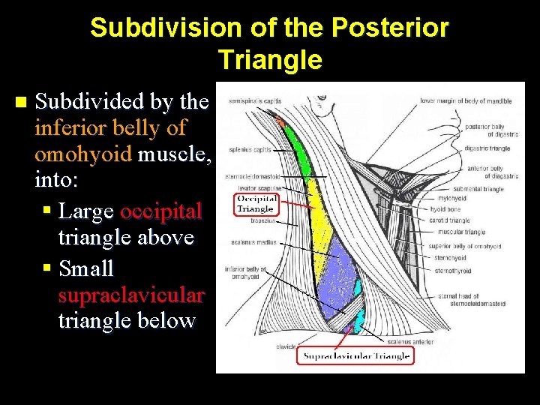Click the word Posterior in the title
coord(390,28)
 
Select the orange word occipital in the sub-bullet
coord(160,211)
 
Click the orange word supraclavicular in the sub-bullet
coord(130,295)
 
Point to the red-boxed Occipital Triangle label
coord(256,204)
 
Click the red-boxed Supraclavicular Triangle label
coord(355,356)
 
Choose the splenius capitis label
coord(250,149)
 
